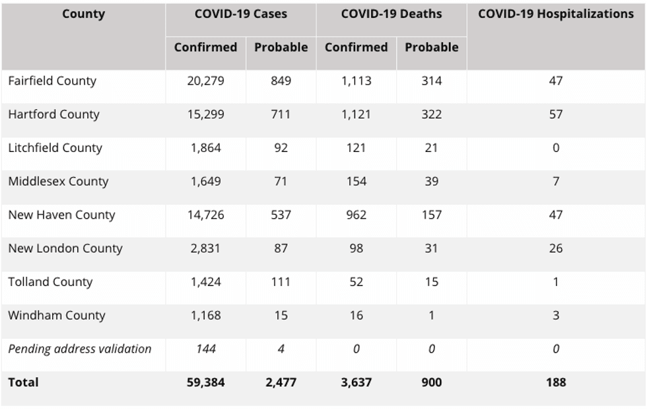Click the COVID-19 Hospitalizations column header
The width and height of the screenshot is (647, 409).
tap(555, 14)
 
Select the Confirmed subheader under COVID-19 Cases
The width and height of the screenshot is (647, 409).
tap(205, 48)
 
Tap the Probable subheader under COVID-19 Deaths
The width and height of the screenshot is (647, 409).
tap(432, 48)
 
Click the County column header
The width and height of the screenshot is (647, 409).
tap(83, 14)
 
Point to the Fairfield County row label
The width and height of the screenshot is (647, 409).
tap(52, 81)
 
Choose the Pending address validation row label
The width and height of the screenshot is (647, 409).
tap(80, 349)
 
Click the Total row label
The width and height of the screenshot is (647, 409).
tap(24, 383)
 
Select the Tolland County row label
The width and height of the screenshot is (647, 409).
tap(50, 282)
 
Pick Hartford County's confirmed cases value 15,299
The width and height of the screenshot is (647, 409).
tap(205, 114)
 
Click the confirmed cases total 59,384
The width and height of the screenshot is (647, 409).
tap(205, 383)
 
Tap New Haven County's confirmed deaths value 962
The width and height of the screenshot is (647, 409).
tap(356, 215)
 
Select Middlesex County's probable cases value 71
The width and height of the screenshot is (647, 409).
tap(281, 181)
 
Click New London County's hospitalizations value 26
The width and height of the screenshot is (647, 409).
tap(556, 248)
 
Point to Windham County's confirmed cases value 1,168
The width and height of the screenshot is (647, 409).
tap(205, 316)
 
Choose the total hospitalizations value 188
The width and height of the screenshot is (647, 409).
tap(556, 383)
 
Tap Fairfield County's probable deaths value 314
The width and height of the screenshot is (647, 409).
tap(432, 81)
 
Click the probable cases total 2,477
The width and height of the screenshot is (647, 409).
tap(281, 383)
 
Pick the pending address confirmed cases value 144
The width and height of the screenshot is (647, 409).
tap(206, 349)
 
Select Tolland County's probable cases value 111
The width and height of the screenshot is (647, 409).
tap(281, 282)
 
